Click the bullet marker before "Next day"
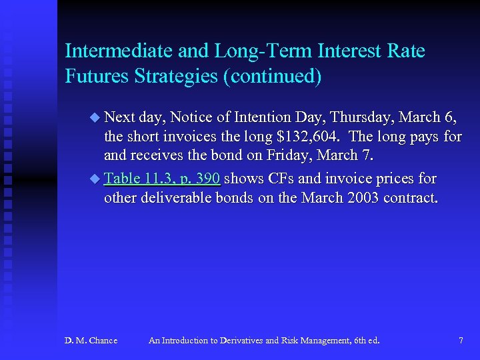pos(94,117)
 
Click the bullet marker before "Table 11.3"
pos(94,179)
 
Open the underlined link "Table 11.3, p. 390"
pos(162,179)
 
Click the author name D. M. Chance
pos(91,341)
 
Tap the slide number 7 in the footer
pos(461,341)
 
